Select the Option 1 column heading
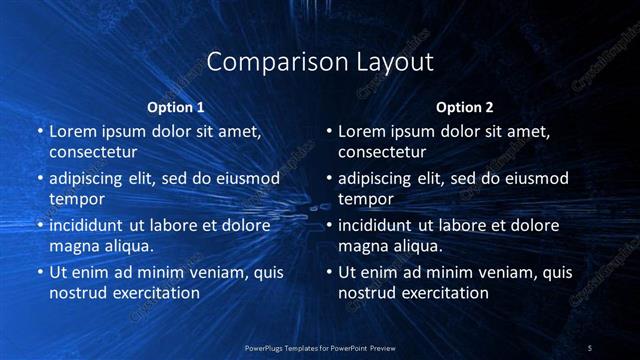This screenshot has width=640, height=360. (176, 107)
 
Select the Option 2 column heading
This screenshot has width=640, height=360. (465, 107)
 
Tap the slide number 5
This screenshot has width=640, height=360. (590, 347)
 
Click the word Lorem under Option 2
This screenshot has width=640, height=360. (362, 131)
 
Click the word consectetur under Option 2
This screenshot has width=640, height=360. (382, 153)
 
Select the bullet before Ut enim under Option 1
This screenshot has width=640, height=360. (39, 272)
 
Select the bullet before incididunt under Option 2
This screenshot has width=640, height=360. (328, 225)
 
